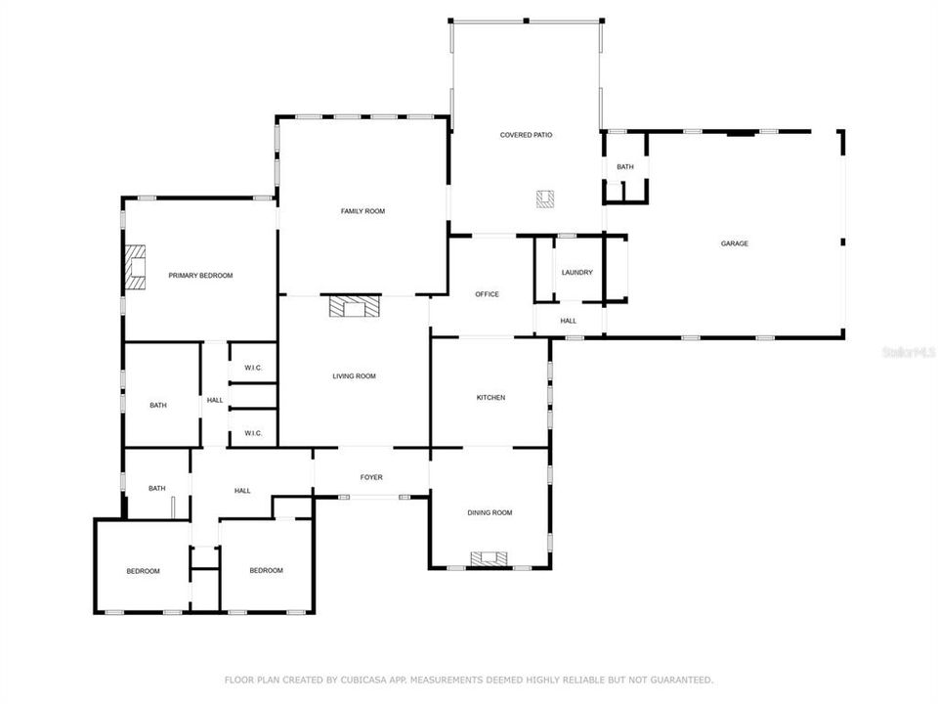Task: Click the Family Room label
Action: [x=362, y=211]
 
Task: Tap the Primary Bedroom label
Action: [x=200, y=276]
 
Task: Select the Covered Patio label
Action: [x=526, y=135]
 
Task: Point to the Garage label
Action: [x=735, y=243]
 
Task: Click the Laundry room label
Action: [x=576, y=273]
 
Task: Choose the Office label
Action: [x=487, y=294]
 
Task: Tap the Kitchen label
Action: [x=490, y=397]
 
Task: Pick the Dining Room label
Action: [x=489, y=512]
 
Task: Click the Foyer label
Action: [x=371, y=477]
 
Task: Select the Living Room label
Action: [x=354, y=376]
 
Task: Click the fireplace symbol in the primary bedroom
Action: [x=134, y=267]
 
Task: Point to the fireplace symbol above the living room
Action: [x=353, y=308]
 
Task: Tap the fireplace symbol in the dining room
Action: [x=490, y=558]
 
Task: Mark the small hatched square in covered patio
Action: [x=544, y=198]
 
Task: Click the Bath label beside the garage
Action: [x=625, y=167]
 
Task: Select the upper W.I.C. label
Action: [x=253, y=368]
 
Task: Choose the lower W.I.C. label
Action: [x=253, y=433]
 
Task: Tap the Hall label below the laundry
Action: [x=568, y=321]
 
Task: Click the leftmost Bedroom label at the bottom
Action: [x=143, y=571]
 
